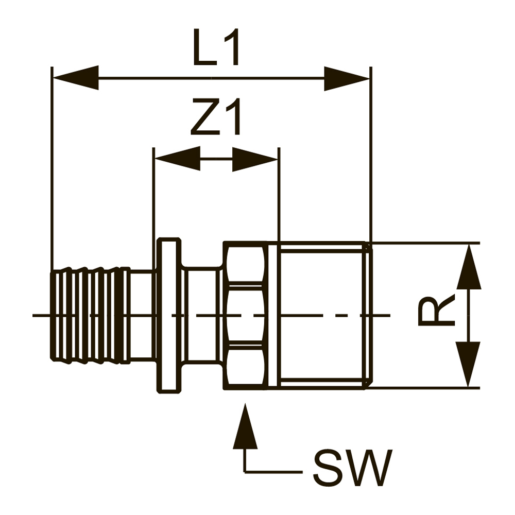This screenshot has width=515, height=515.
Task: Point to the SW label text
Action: (x=352, y=469)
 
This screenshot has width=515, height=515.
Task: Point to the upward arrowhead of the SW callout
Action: (x=246, y=427)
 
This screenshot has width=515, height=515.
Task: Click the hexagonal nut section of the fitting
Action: (x=246, y=315)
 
